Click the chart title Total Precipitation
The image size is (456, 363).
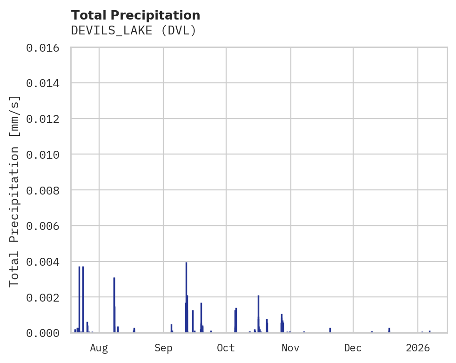pyautogui.click(x=135, y=15)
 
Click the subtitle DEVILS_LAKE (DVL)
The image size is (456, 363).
pyautogui.click(x=134, y=30)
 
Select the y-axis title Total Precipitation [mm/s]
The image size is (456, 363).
pyautogui.click(x=14, y=190)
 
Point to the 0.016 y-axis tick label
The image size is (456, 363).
pyautogui.click(x=46, y=47)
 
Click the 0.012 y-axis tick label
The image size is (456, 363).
pyautogui.click(x=46, y=119)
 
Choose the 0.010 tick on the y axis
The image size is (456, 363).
pyautogui.click(x=46, y=154)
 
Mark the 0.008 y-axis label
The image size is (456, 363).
pyautogui.click(x=46, y=190)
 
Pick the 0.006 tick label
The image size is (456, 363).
pyautogui.click(x=46, y=226)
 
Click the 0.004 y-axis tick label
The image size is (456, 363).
pyautogui.click(x=46, y=262)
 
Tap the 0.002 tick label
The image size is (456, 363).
pyautogui.click(x=46, y=297)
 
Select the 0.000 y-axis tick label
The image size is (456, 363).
pyautogui.click(x=46, y=333)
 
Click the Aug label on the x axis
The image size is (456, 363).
pyautogui.click(x=99, y=348)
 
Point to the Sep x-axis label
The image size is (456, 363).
pyautogui.click(x=163, y=348)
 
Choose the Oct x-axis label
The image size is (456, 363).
pyautogui.click(x=226, y=348)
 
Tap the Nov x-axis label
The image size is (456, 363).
pyautogui.click(x=290, y=348)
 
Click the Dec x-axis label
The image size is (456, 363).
pyautogui.click(x=353, y=348)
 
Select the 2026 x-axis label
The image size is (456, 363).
pyautogui.click(x=418, y=348)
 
